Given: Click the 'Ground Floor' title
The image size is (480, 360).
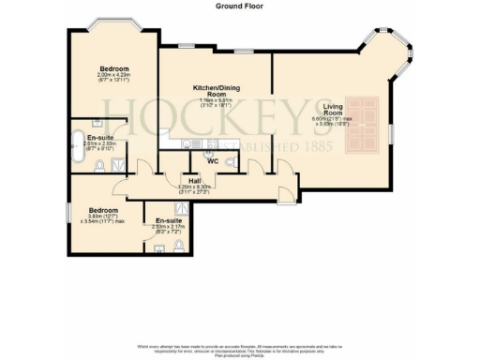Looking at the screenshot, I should click(x=239, y=5).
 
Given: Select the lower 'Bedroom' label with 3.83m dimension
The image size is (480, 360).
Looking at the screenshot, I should click(x=103, y=210).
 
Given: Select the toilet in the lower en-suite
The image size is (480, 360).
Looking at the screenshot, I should click(x=178, y=248).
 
